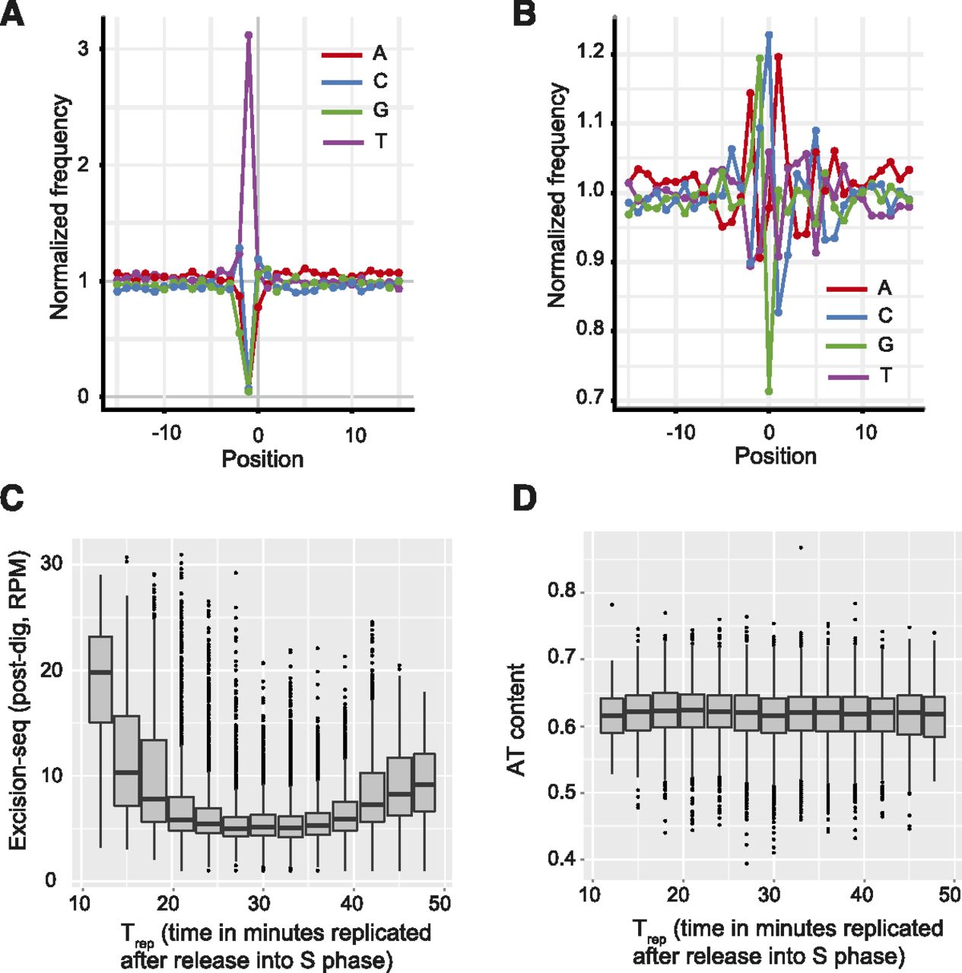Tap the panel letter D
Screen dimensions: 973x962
(525, 498)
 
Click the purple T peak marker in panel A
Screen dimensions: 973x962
(249, 35)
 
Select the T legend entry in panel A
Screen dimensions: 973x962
(354, 141)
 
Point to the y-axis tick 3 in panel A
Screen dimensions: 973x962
(83, 49)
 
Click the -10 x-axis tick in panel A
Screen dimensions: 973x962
(166, 435)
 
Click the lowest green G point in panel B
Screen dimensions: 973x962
(769, 391)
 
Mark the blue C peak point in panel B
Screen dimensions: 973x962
(769, 34)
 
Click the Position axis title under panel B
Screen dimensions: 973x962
(775, 456)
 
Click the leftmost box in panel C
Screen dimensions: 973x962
(101, 679)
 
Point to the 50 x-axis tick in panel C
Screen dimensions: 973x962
(440, 903)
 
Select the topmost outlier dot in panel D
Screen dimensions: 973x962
(801, 547)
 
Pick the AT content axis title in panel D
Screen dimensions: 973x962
(517, 719)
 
